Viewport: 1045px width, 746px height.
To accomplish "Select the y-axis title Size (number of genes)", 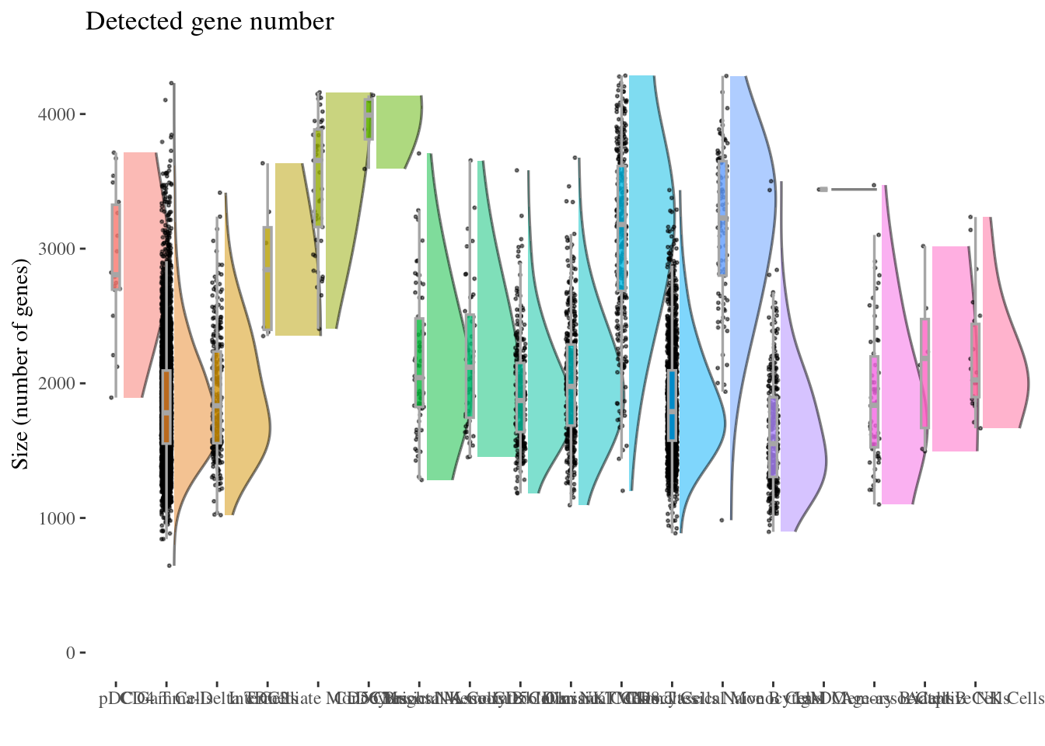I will click(x=21, y=367).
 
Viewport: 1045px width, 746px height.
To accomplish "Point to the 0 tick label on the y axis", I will click(x=71, y=653).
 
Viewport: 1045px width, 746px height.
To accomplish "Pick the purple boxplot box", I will click(x=773, y=435).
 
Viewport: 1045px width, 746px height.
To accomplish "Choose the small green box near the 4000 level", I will click(x=369, y=119).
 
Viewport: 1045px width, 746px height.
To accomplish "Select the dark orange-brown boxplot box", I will click(x=166, y=406).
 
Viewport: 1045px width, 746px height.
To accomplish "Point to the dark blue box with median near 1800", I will click(x=673, y=406).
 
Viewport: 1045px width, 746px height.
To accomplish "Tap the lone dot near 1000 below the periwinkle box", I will click(x=722, y=520).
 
